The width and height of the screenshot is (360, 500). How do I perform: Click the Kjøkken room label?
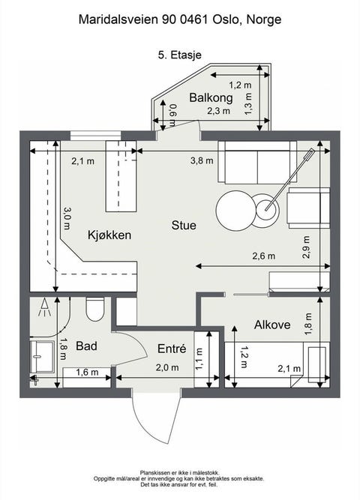tap(109, 235)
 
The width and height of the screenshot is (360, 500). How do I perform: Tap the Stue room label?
tap(184, 225)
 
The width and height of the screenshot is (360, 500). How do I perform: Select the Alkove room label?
tap(273, 325)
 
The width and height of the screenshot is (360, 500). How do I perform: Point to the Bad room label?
tap(86, 346)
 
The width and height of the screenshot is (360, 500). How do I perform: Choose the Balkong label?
tap(211, 97)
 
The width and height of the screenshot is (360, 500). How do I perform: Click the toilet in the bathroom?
tap(95, 308)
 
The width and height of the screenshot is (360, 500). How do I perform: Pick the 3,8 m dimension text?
tap(202, 160)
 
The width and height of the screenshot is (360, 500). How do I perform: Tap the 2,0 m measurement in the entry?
tap(166, 367)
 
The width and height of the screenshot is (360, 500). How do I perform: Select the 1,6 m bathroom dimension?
tap(87, 372)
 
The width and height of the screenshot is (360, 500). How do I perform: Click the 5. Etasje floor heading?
tap(179, 54)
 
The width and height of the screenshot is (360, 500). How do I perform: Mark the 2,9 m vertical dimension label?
tap(306, 247)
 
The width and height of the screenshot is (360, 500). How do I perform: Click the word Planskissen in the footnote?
tap(156, 473)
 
